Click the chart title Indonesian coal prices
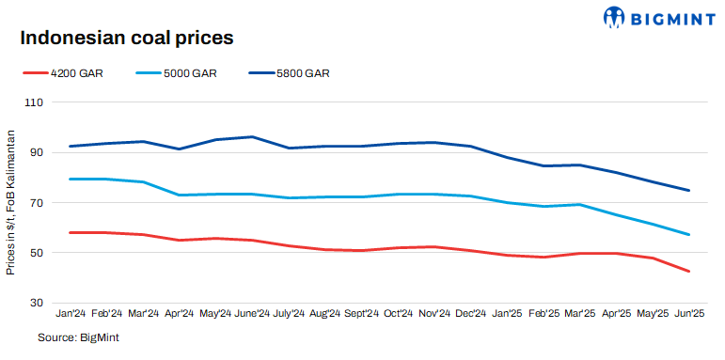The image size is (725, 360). coord(126,39)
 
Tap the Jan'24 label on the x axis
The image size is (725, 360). coord(71,313)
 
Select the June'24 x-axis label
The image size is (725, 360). coord(251,313)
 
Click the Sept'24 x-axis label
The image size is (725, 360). coord(362,313)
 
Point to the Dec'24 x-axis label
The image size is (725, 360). coord(470,313)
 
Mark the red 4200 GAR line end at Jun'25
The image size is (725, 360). coord(689,272)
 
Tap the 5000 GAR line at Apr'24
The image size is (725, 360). coord(180,195)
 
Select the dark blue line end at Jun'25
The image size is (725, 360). coord(689,191)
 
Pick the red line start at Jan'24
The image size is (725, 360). coord(71,232)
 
